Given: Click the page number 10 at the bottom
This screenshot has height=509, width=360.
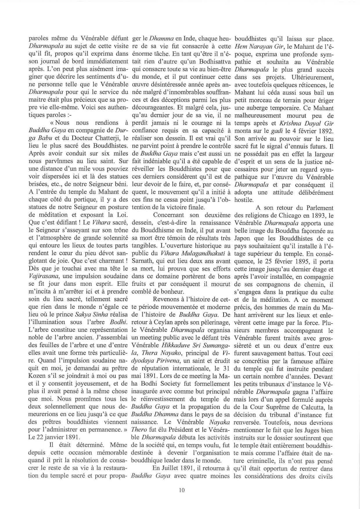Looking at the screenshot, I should tap(182, 490).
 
